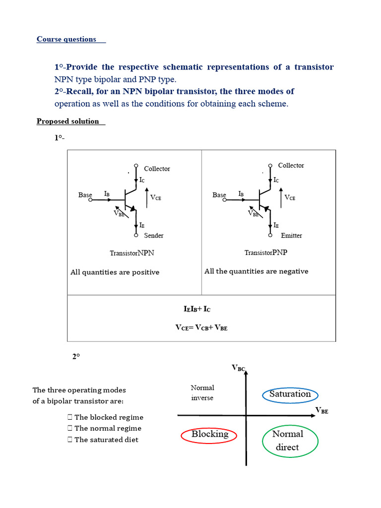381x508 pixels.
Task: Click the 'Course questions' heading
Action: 66,39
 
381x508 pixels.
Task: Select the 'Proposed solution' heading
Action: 68,121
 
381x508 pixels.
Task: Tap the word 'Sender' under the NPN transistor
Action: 153,235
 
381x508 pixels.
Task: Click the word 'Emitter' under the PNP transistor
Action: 291,235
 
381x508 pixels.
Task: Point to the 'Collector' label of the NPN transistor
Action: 157,169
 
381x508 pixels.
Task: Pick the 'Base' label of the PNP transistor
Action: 219,195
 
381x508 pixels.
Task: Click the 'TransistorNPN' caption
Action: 132,253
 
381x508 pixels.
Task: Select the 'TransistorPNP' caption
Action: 266,253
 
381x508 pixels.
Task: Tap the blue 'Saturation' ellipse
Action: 290,394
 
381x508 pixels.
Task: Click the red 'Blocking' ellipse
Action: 210,435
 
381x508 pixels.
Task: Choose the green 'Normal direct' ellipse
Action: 288,441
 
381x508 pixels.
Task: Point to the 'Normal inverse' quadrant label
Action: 202,392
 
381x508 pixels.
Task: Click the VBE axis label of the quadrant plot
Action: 322,411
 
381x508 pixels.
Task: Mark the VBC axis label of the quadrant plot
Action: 239,368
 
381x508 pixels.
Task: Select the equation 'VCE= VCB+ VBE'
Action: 201,327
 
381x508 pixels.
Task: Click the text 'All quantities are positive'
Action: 115,272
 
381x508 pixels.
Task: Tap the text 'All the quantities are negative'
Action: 256,271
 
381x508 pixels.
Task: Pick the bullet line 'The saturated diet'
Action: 106,440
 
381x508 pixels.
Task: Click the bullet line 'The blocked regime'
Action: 109,417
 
